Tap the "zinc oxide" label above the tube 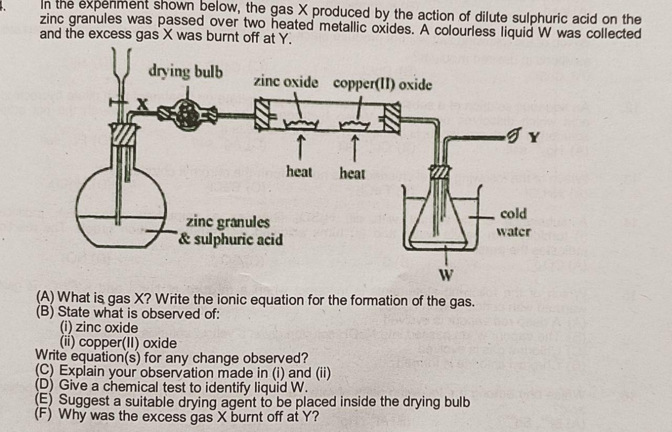[286, 83]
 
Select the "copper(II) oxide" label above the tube [383, 84]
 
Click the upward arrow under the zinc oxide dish [300, 143]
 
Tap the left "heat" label [299, 172]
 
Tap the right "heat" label [352, 173]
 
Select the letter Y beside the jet [534, 138]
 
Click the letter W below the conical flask [446, 275]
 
